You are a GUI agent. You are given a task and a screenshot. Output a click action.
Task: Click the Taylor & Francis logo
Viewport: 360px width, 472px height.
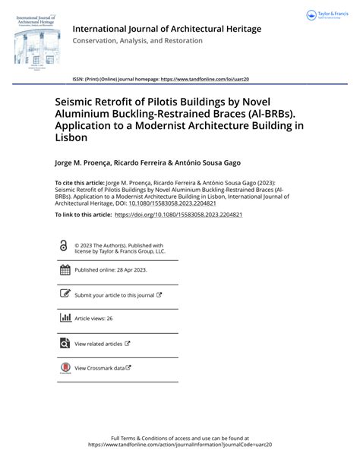(x=327, y=15)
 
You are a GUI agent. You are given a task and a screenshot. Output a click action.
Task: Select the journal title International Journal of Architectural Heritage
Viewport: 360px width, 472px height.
(x=166, y=29)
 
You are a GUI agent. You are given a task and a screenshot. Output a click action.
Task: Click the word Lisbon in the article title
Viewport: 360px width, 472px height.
(x=70, y=138)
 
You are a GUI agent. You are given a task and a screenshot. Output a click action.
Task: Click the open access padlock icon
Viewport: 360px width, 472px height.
(x=64, y=246)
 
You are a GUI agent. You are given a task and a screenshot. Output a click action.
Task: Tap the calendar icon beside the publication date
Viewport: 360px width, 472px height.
(x=65, y=270)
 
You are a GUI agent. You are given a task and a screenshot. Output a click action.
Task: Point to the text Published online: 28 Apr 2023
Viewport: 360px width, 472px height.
(x=111, y=270)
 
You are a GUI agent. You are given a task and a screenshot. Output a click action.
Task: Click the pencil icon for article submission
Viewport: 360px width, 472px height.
(x=65, y=294)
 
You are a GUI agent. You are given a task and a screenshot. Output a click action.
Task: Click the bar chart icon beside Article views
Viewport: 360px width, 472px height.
(x=65, y=318)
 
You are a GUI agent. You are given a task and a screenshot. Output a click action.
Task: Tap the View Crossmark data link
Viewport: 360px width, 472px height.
(x=103, y=368)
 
